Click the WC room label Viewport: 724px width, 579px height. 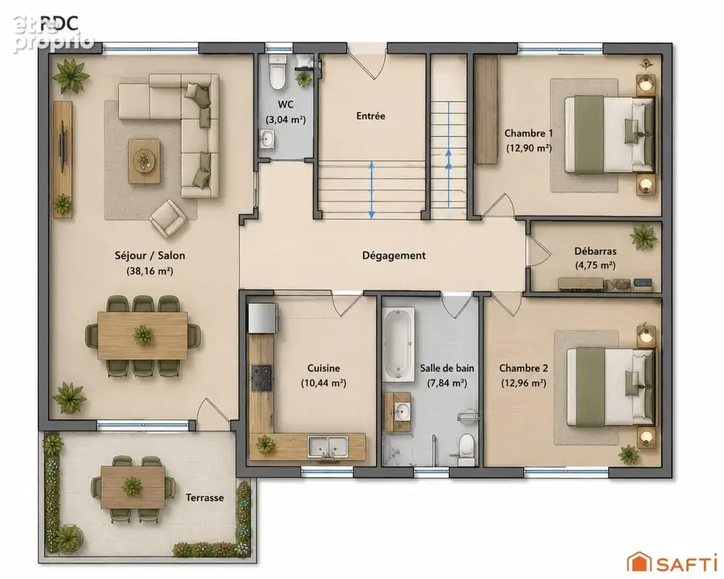(286, 104)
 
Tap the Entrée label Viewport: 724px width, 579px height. (371, 116)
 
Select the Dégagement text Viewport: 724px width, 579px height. (394, 255)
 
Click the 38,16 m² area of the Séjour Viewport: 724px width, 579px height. (150, 271)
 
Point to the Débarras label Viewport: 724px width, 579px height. (595, 251)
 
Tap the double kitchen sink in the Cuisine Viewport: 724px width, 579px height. (328, 447)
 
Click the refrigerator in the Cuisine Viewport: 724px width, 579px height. (264, 318)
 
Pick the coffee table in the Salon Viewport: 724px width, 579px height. (145, 161)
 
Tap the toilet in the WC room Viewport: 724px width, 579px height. (277, 73)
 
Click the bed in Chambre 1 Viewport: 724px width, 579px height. (610, 135)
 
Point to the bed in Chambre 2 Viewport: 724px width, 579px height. (611, 386)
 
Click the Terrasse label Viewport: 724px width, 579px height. (205, 498)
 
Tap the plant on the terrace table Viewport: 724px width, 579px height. (132, 486)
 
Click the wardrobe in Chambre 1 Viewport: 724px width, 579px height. (487, 109)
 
